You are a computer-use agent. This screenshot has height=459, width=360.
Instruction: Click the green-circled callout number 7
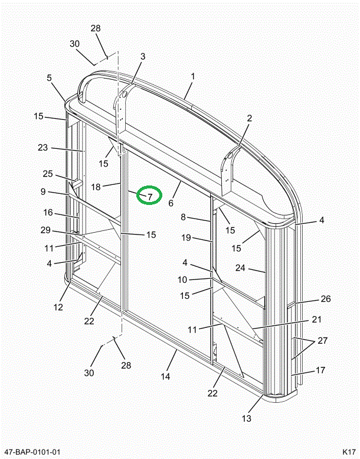pyautogui.click(x=149, y=196)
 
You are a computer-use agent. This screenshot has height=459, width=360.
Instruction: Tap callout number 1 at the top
pyautogui.click(x=192, y=76)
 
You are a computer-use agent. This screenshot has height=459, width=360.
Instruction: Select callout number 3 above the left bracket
pyautogui.click(x=142, y=56)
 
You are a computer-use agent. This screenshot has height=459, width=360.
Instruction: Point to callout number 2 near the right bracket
pyautogui.click(x=249, y=118)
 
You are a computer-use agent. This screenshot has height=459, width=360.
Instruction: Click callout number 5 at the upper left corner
pyautogui.click(x=50, y=77)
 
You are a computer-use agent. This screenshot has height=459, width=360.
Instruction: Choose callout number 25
pyautogui.click(x=48, y=174)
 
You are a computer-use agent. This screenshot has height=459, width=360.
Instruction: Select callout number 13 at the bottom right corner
pyautogui.click(x=246, y=418)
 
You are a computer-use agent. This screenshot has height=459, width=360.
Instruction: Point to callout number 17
pyautogui.click(x=320, y=370)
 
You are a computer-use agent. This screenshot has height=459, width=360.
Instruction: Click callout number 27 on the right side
pyautogui.click(x=322, y=340)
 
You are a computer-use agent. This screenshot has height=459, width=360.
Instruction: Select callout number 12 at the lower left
pyautogui.click(x=58, y=307)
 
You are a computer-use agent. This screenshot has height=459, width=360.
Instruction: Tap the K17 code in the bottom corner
pyautogui.click(x=348, y=452)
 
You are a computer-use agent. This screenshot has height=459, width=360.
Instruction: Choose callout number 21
pyautogui.click(x=316, y=320)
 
